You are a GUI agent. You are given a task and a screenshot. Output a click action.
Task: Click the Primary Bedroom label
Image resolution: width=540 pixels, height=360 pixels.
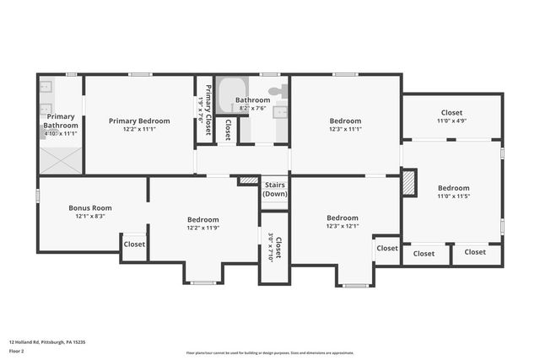coord(139,121)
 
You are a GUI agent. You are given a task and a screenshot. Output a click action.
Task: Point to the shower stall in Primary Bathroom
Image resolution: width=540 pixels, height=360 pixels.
coord(60,159)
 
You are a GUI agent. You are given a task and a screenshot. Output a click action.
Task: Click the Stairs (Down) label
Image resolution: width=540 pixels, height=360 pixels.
coord(275,189)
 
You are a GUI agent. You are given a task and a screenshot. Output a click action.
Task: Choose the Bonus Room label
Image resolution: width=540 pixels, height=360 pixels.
coord(90,207)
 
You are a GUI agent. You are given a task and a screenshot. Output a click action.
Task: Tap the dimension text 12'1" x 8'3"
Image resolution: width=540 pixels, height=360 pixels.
coord(90,216)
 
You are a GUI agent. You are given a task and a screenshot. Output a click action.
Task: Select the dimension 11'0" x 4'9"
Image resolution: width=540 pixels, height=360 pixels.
coord(451,121)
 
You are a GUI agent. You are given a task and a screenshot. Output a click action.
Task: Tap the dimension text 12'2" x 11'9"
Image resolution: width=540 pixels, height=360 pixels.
coord(202,228)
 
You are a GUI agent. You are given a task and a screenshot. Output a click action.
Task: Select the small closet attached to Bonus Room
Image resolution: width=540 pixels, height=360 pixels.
coord(134,244)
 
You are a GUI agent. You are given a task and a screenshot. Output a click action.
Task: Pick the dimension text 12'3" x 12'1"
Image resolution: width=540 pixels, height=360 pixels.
coord(343,225)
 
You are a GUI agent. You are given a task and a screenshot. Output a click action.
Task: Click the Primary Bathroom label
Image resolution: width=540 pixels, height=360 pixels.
coord(61,121)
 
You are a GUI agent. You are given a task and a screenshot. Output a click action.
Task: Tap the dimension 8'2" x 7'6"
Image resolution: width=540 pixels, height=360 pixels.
coord(252,108)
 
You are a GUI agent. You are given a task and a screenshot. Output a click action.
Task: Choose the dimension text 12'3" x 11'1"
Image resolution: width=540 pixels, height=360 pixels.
coord(345,129)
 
